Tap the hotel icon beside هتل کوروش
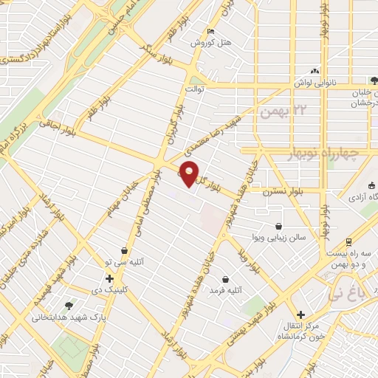pyautogui.click(x=211, y=32)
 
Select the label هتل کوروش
pyautogui.click(x=212, y=43)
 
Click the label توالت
pyautogui.click(x=194, y=89)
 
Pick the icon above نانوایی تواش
pyautogui.click(x=315, y=72)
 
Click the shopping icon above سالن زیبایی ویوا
pyautogui.click(x=278, y=226)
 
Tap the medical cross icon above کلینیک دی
pyautogui.click(x=109, y=278)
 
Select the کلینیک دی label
pyautogui.click(x=110, y=290)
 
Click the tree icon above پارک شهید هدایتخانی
pyautogui.click(x=69, y=305)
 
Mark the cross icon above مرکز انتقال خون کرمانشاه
pyautogui.click(x=300, y=313)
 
